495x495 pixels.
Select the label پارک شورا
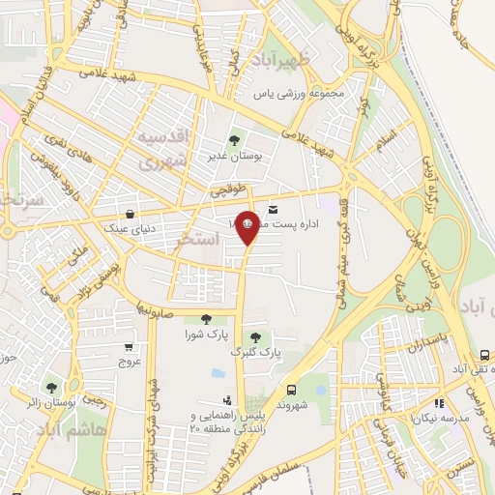(x=205, y=335)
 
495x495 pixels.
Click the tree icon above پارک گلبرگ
(x=254, y=337)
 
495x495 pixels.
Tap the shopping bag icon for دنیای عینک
(x=131, y=215)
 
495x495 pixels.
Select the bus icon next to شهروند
(x=291, y=390)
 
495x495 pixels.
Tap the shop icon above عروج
(x=130, y=345)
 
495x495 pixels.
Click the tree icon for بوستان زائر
(x=51, y=389)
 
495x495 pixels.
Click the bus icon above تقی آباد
(x=485, y=355)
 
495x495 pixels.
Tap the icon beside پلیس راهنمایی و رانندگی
(x=227, y=399)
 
